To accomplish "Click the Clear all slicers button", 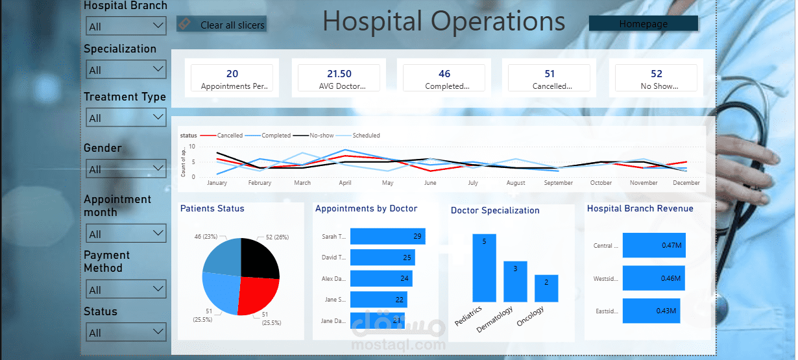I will click(222, 25).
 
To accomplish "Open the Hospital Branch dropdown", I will click(127, 26).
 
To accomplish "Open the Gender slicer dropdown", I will click(127, 169).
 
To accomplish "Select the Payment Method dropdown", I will click(127, 289).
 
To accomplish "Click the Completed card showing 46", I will click(444, 78).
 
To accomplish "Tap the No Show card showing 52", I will click(656, 78).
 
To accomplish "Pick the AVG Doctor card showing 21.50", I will click(339, 78).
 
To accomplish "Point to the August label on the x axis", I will click(516, 183).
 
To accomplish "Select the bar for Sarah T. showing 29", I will click(387, 237).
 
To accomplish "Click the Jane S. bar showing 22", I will click(378, 299).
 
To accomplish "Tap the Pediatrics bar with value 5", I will click(484, 268).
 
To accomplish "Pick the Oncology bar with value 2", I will click(546, 289).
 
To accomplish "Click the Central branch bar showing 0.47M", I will click(654, 245).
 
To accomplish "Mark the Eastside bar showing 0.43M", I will click(651, 311).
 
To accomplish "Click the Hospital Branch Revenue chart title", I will click(640, 209).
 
